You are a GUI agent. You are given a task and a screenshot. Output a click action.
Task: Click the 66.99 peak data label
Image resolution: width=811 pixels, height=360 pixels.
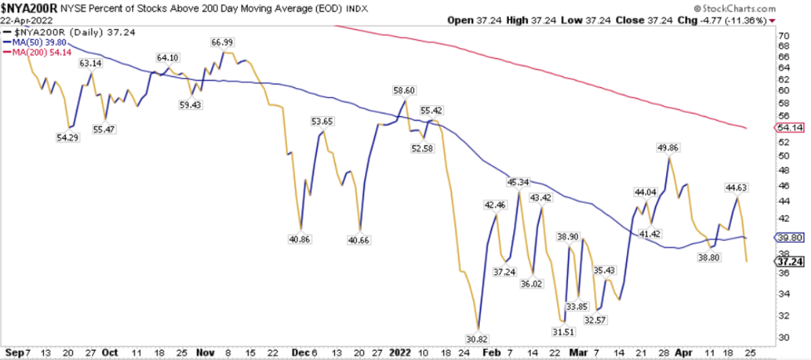(x=221, y=42)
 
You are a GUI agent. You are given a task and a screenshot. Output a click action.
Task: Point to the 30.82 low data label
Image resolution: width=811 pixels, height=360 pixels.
(x=478, y=338)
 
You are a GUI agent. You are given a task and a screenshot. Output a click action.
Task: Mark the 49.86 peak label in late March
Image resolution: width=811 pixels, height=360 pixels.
(x=669, y=147)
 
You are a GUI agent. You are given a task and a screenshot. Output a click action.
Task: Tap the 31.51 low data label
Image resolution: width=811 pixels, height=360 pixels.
(x=562, y=331)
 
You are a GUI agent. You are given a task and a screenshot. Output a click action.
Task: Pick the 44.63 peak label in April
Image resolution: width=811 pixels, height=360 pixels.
(x=737, y=187)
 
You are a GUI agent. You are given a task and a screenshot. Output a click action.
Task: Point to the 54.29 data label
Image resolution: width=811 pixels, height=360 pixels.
(x=68, y=137)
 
